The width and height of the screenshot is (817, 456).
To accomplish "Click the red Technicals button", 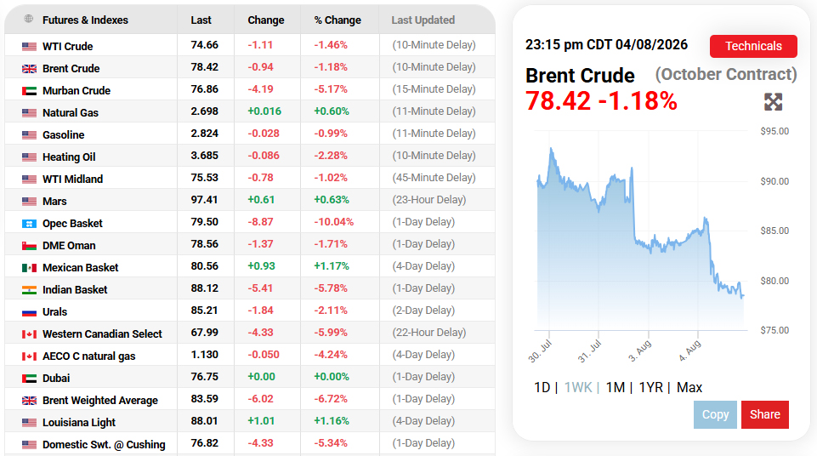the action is pos(753,47).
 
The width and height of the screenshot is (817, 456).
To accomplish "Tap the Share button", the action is pos(765,414).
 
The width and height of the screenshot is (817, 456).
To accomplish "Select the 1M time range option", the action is pos(616,387).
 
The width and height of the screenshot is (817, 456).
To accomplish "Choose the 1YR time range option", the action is pos(650,387).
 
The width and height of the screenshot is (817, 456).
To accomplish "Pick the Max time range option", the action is pos(689,387).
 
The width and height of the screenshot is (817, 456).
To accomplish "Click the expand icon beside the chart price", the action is pos(774,101).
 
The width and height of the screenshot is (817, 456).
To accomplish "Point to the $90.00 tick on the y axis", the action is pos(774,181).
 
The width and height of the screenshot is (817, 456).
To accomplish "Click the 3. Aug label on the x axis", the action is pos(639,351).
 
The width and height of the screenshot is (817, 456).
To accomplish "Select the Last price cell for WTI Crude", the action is pos(204,45).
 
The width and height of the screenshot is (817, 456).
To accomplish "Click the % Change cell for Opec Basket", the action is pos(333,222).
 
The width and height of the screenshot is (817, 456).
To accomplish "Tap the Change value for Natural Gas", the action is pos(264,111).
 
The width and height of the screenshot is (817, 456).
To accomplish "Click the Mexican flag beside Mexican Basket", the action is pos(29,268).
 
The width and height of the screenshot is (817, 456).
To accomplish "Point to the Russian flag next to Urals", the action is pos(29,312).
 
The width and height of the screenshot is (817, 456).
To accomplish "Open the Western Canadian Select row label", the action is pos(102,334).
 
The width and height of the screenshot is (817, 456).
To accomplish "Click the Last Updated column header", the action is pos(423,20).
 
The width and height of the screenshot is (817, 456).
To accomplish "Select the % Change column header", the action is pos(338,20).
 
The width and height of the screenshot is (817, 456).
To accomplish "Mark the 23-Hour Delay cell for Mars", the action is pos(428,200).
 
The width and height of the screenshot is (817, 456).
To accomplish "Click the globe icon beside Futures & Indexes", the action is pos(29,19).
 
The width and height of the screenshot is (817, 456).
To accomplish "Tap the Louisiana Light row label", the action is pos(79,423).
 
